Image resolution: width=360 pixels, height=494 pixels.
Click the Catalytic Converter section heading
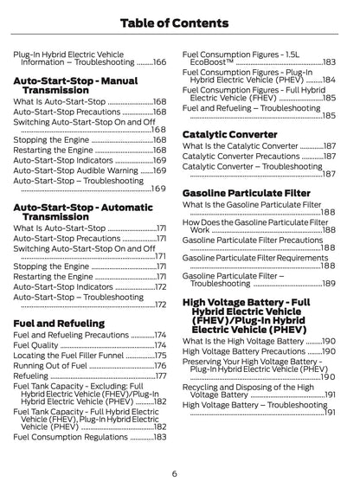[229, 135]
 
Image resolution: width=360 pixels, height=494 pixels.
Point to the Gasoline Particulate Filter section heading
[246, 192]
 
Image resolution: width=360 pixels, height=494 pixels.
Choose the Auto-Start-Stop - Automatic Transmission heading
[79, 212]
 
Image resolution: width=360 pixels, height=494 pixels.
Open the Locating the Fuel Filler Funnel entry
[68, 355]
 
